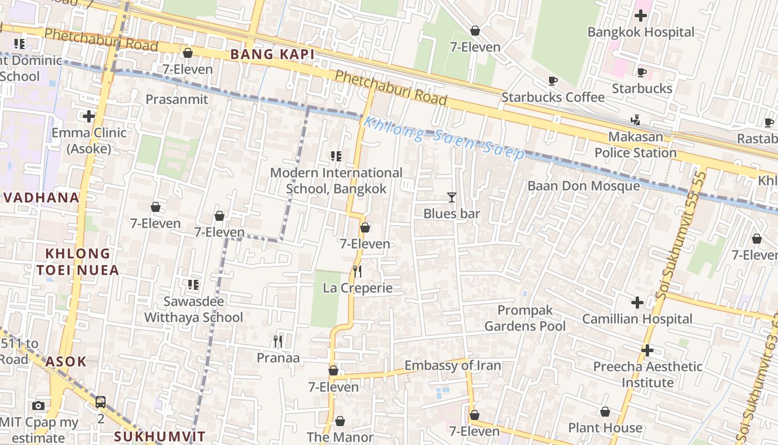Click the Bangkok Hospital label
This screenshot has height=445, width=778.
(641, 32)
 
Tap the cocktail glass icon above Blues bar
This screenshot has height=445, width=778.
(451, 197)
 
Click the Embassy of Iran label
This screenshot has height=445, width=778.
(452, 365)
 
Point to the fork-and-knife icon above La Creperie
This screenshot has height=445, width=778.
(357, 271)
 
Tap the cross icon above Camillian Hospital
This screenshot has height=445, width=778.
(637, 303)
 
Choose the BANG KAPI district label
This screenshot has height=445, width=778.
(272, 54)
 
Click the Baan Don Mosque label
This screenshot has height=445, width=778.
(583, 186)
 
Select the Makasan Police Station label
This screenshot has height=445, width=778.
(636, 145)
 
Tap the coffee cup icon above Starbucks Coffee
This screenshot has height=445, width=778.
(553, 81)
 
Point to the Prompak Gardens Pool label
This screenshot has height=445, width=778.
(525, 318)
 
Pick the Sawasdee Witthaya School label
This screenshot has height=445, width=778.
(193, 309)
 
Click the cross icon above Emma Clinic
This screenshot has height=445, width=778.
(88, 116)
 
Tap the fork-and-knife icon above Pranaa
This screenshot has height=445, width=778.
(278, 341)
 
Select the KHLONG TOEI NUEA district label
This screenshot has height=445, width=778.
(78, 262)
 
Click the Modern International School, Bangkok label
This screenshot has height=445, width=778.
(336, 181)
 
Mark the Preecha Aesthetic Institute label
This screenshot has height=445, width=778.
(647, 374)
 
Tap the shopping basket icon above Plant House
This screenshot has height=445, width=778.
(605, 412)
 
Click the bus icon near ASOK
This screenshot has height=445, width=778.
(101, 402)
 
